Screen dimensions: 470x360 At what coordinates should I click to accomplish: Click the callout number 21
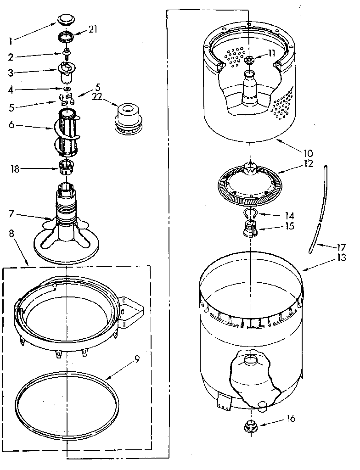pos(93,30)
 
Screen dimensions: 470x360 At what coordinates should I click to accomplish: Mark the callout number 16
pos(290,418)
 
